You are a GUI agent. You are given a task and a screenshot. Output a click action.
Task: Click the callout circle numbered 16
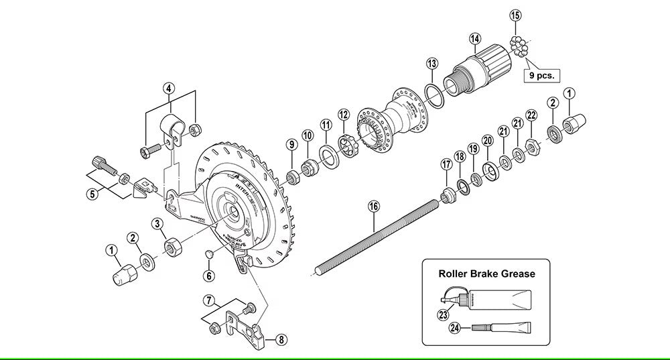pyautogui.click(x=373, y=207)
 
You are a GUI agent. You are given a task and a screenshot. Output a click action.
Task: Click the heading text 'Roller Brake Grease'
pyautogui.click(x=486, y=274)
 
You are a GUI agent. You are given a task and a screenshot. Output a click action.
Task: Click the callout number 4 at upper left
pyautogui.click(x=170, y=88)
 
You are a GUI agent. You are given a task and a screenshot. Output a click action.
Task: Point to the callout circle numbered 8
pyautogui.click(x=281, y=339)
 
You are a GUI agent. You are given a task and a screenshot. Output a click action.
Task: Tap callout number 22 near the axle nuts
pyautogui.click(x=532, y=116)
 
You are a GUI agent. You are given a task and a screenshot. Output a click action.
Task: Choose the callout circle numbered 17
pyautogui.click(x=446, y=164)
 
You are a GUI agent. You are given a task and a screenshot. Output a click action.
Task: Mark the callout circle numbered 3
pyautogui.click(x=158, y=223)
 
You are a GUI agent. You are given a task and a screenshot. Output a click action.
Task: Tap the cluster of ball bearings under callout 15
pyautogui.click(x=519, y=46)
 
